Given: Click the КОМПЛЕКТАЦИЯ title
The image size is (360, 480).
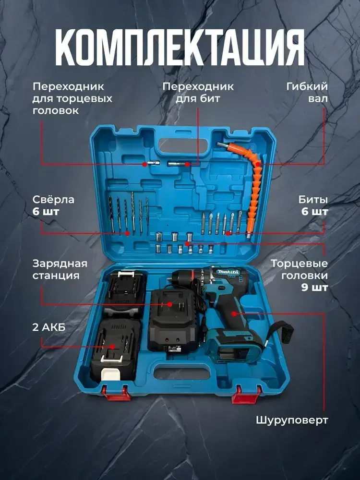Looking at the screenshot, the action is coord(180,48).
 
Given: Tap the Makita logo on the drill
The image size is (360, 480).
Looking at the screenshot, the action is coord(228,272).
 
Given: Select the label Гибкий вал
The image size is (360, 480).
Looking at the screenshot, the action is coord(307,92).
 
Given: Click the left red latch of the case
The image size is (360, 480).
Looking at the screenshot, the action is coord(116,393).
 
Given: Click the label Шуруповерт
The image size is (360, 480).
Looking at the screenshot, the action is coord(292,420).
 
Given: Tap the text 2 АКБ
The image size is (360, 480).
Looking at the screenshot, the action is coord(49,327).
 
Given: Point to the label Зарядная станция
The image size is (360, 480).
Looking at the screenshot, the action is coord(60,269).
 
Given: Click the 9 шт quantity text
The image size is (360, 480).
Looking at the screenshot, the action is coord(314,288).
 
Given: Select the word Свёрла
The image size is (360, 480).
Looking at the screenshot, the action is coord(53,200).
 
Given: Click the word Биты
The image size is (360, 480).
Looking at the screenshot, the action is coord(313,200).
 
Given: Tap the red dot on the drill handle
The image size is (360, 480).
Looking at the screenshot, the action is coord(234,313).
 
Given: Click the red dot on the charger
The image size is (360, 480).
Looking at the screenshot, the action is coord(169,304).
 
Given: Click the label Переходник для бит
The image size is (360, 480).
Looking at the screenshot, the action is coord(198,92).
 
